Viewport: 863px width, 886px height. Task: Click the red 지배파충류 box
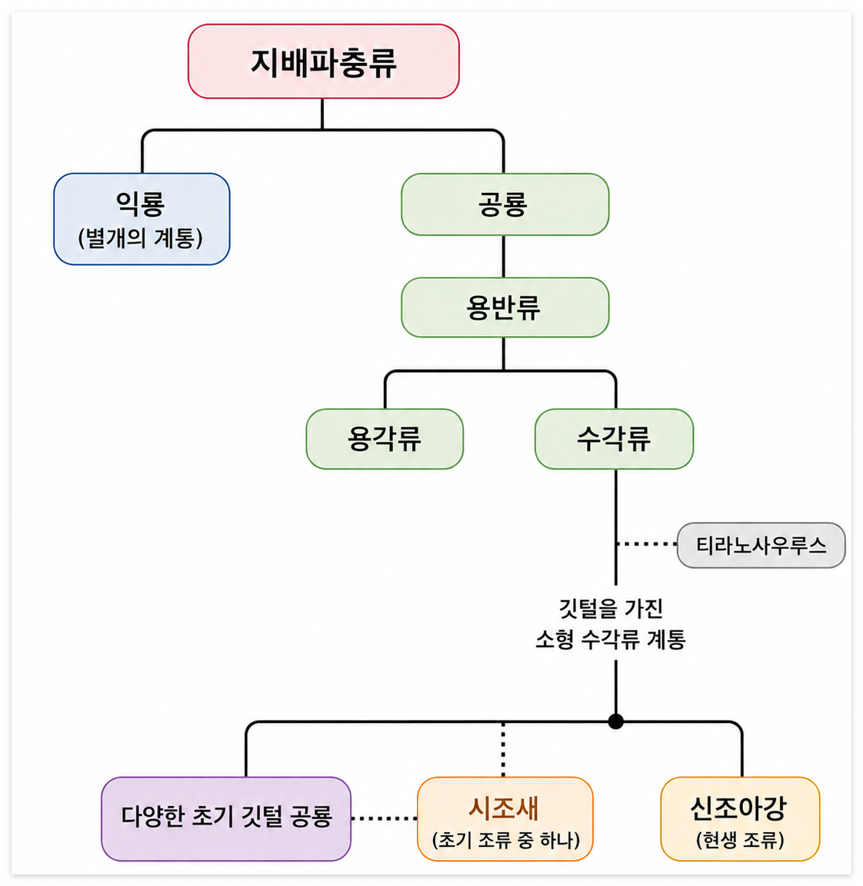(x=324, y=61)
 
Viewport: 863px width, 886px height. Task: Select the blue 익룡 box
(x=142, y=219)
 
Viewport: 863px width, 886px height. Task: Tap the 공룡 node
(x=505, y=204)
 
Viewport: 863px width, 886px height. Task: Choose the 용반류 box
(x=505, y=307)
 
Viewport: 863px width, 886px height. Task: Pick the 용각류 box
(x=385, y=439)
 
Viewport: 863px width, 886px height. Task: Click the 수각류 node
(x=614, y=439)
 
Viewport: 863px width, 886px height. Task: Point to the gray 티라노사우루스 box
(x=761, y=546)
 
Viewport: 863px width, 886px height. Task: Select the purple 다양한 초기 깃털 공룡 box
(x=226, y=818)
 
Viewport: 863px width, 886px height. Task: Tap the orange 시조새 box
(x=505, y=818)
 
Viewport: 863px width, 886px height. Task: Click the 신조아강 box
(x=740, y=818)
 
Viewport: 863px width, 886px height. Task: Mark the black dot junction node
(x=616, y=722)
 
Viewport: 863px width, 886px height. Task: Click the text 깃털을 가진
(x=611, y=609)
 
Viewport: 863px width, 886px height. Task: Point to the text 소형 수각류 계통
(x=611, y=639)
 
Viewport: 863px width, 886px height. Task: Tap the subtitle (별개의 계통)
(x=141, y=238)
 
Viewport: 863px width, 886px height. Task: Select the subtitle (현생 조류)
(x=740, y=840)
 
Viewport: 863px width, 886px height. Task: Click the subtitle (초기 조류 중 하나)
(x=506, y=840)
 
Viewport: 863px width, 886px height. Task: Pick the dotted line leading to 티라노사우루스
(x=646, y=544)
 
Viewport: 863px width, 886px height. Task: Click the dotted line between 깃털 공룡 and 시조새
(x=385, y=818)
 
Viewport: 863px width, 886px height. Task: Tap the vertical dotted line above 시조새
(x=503, y=749)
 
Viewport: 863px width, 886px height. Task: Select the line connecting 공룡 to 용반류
(x=503, y=257)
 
